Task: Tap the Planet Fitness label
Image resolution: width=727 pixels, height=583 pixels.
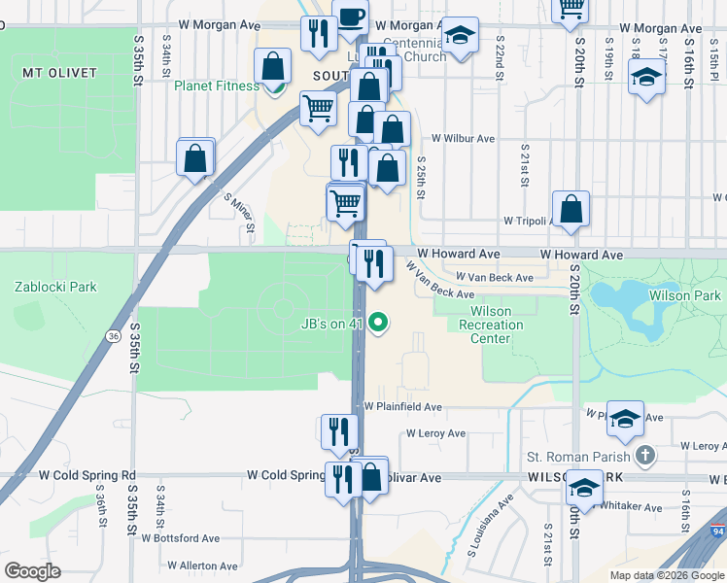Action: coord(217,86)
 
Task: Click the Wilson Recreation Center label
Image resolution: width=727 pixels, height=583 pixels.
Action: coord(483,325)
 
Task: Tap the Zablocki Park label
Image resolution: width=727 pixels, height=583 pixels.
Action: coord(55,287)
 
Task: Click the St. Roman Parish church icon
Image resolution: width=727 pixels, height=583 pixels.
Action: coord(644,456)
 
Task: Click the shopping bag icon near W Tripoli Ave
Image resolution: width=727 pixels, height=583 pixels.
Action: coord(571,208)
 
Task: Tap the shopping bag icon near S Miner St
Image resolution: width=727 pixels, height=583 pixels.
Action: coord(194,158)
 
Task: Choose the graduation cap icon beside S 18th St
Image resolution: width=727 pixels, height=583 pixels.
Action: coord(645,77)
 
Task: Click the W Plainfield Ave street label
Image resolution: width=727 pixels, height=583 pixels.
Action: coord(403,407)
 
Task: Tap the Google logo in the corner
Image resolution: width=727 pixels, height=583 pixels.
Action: coord(33,571)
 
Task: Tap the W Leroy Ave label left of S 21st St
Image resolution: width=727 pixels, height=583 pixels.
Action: coord(436,433)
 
